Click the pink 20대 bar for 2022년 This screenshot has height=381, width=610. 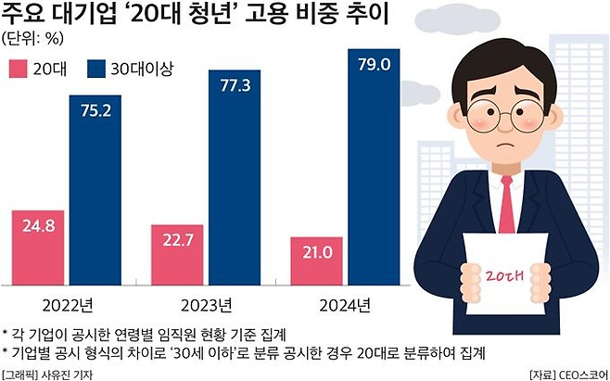(38, 251)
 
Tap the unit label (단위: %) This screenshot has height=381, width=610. (34, 39)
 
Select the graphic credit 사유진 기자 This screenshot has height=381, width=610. (69, 374)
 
